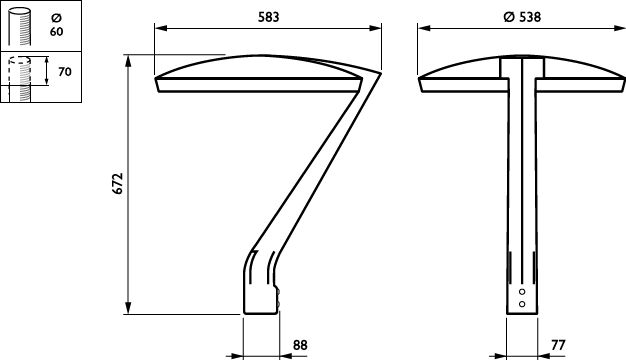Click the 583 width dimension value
268,17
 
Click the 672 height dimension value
118,184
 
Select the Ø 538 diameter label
522,17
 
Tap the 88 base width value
300,345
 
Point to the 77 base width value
559,345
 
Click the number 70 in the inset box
65,72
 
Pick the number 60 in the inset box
57,32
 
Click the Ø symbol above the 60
57,18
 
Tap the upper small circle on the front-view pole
522,292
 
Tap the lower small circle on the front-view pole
522,304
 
